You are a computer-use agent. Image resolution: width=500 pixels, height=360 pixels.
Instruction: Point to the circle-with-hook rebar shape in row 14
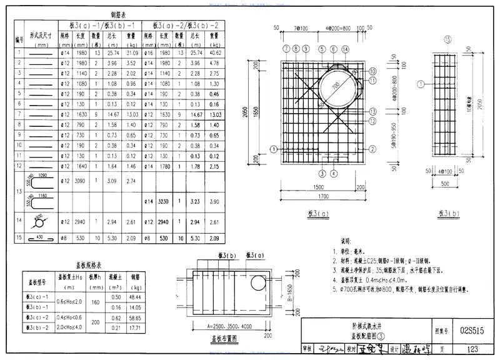point(39,221)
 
